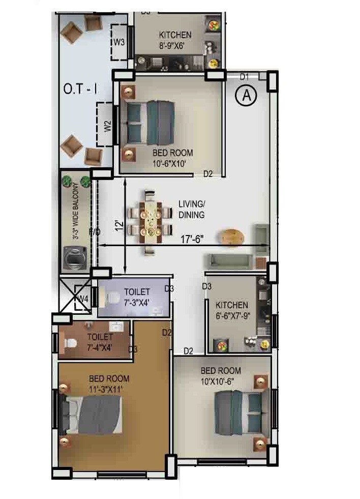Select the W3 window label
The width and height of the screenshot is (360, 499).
coord(119,42)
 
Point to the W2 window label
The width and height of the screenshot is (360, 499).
coord(107,126)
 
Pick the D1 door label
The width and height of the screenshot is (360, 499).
coord(245,77)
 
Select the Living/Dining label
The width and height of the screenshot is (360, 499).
coord(191,210)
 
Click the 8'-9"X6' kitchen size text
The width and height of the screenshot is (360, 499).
coord(175,44)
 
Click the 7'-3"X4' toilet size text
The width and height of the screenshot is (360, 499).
coord(137,301)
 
